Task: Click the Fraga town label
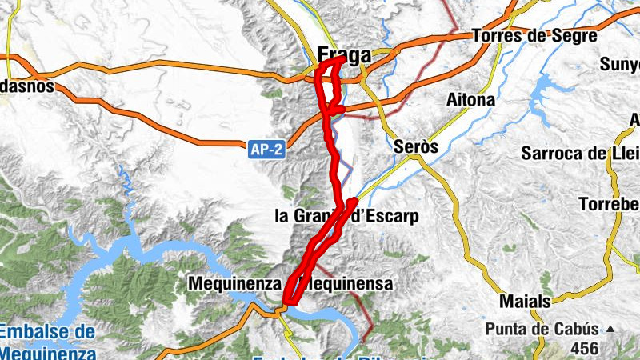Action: click(345, 56)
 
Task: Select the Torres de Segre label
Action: click(534, 36)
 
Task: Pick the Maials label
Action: click(524, 302)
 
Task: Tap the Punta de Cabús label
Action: click(542, 329)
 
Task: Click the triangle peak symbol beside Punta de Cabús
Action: click(610, 329)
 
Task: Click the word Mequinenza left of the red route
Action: click(234, 283)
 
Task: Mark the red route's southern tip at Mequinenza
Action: click(283, 303)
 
